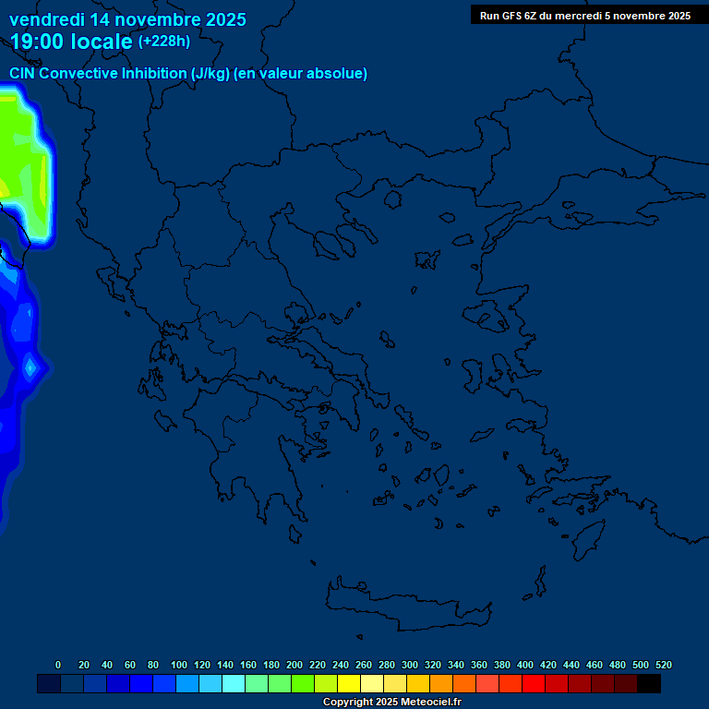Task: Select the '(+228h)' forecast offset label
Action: [x=163, y=42]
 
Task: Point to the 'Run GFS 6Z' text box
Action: [x=584, y=15]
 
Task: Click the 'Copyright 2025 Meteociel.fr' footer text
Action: [x=391, y=702]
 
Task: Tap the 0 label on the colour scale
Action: [x=58, y=665]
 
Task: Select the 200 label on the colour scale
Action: [x=294, y=665]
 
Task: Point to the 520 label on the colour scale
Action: [x=663, y=665]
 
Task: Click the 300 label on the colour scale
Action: [x=410, y=665]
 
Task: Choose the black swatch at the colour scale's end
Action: [x=649, y=683]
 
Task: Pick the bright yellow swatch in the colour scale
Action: [x=349, y=683]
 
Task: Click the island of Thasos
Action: [x=391, y=200]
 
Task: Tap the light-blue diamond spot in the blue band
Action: [x=30, y=367]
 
